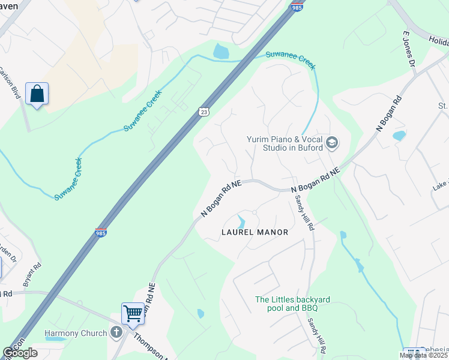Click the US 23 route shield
pos(204,112)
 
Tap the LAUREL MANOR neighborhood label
pos(255,232)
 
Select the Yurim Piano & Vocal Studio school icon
pos(332,143)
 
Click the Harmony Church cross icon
pos(116,332)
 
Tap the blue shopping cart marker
pos(133,313)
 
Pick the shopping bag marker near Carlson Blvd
pos(37,94)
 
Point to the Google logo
pos(20,353)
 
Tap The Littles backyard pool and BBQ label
pos(285,304)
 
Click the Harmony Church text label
pos(76,333)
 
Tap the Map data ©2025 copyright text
pos(423,355)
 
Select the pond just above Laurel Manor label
pos(242,221)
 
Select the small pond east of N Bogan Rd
pos(399,136)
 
